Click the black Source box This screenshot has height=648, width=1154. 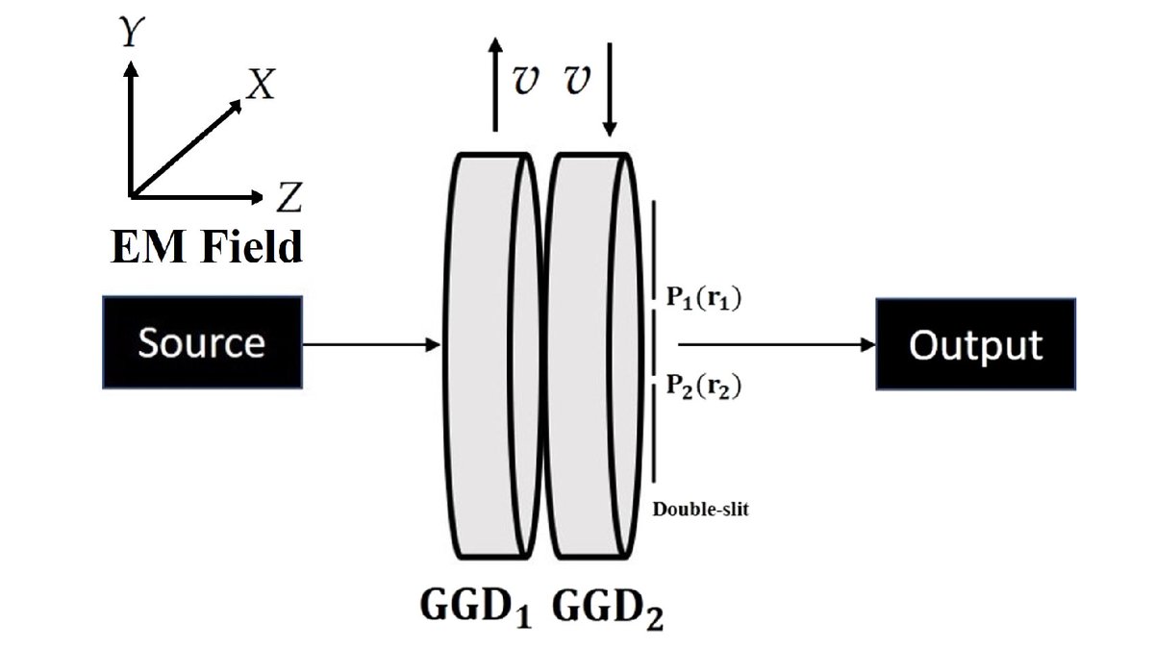click(202, 342)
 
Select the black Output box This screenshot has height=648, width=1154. click(975, 343)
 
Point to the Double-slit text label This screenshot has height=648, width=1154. click(700, 510)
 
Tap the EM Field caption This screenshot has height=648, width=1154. click(206, 247)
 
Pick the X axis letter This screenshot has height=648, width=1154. click(260, 87)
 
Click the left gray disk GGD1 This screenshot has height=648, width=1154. click(481, 356)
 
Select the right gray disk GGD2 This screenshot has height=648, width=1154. click(589, 356)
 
